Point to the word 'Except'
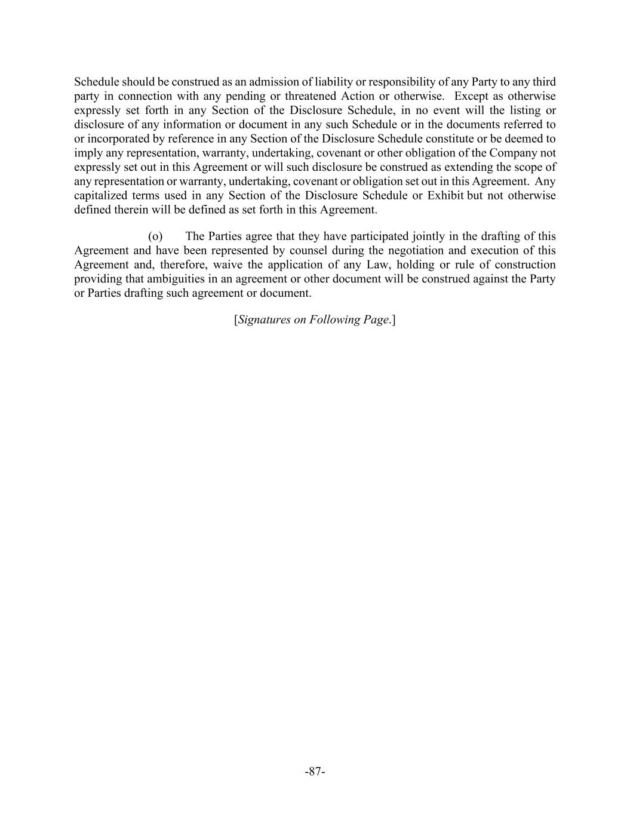472,96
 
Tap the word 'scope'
527,167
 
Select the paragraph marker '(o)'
155,236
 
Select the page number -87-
315,771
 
